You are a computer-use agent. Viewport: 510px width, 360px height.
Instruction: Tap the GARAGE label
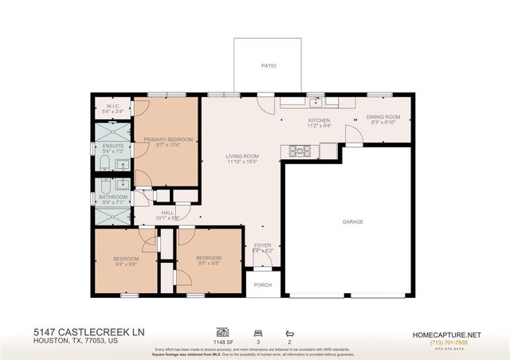point(352,221)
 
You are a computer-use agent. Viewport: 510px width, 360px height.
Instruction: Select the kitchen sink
point(316,101)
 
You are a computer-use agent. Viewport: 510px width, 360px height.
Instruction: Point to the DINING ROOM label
point(382,117)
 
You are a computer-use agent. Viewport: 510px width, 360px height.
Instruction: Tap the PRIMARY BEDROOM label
point(168,139)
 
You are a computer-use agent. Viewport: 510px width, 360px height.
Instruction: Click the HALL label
point(167,212)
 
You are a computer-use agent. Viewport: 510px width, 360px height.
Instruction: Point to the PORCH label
point(261,284)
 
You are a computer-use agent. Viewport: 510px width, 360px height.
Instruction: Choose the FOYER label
point(262,245)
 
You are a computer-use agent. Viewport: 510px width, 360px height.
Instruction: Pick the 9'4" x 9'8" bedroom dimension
point(126,264)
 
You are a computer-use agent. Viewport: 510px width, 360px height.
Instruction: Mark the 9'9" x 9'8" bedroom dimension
point(209,264)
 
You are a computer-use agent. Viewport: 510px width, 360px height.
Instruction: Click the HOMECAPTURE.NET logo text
point(454,334)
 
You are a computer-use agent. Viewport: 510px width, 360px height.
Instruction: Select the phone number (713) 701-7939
point(454,342)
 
